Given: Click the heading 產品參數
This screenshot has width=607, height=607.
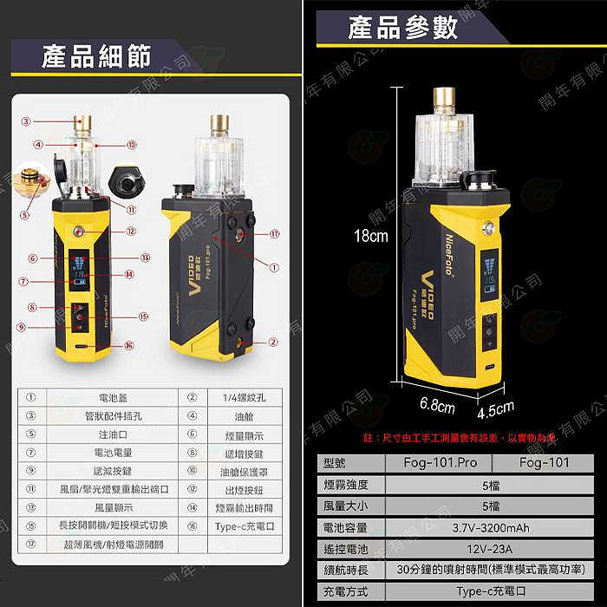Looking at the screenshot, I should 401,28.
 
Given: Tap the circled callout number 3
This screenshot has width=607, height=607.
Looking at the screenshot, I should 26,121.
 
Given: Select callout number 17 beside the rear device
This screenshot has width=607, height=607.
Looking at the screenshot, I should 274,234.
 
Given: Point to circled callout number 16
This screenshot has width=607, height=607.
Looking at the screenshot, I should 129,345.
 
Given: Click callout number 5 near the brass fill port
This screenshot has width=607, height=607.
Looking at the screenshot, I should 24,214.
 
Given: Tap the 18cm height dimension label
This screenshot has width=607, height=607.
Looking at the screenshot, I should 363,236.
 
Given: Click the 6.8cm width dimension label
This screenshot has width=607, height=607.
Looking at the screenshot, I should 438,404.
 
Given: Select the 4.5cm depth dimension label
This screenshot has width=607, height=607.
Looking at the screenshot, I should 495,408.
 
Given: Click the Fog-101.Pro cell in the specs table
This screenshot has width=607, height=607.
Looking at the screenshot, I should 441,462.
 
